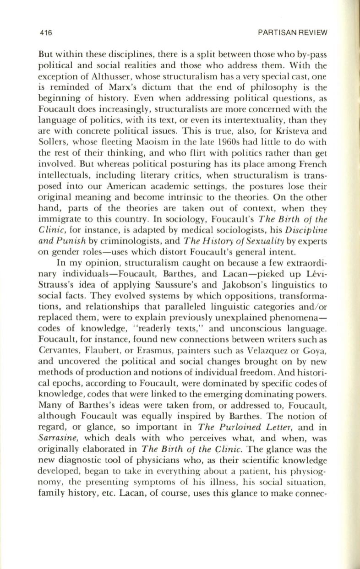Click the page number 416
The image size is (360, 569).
(x=46, y=33)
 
